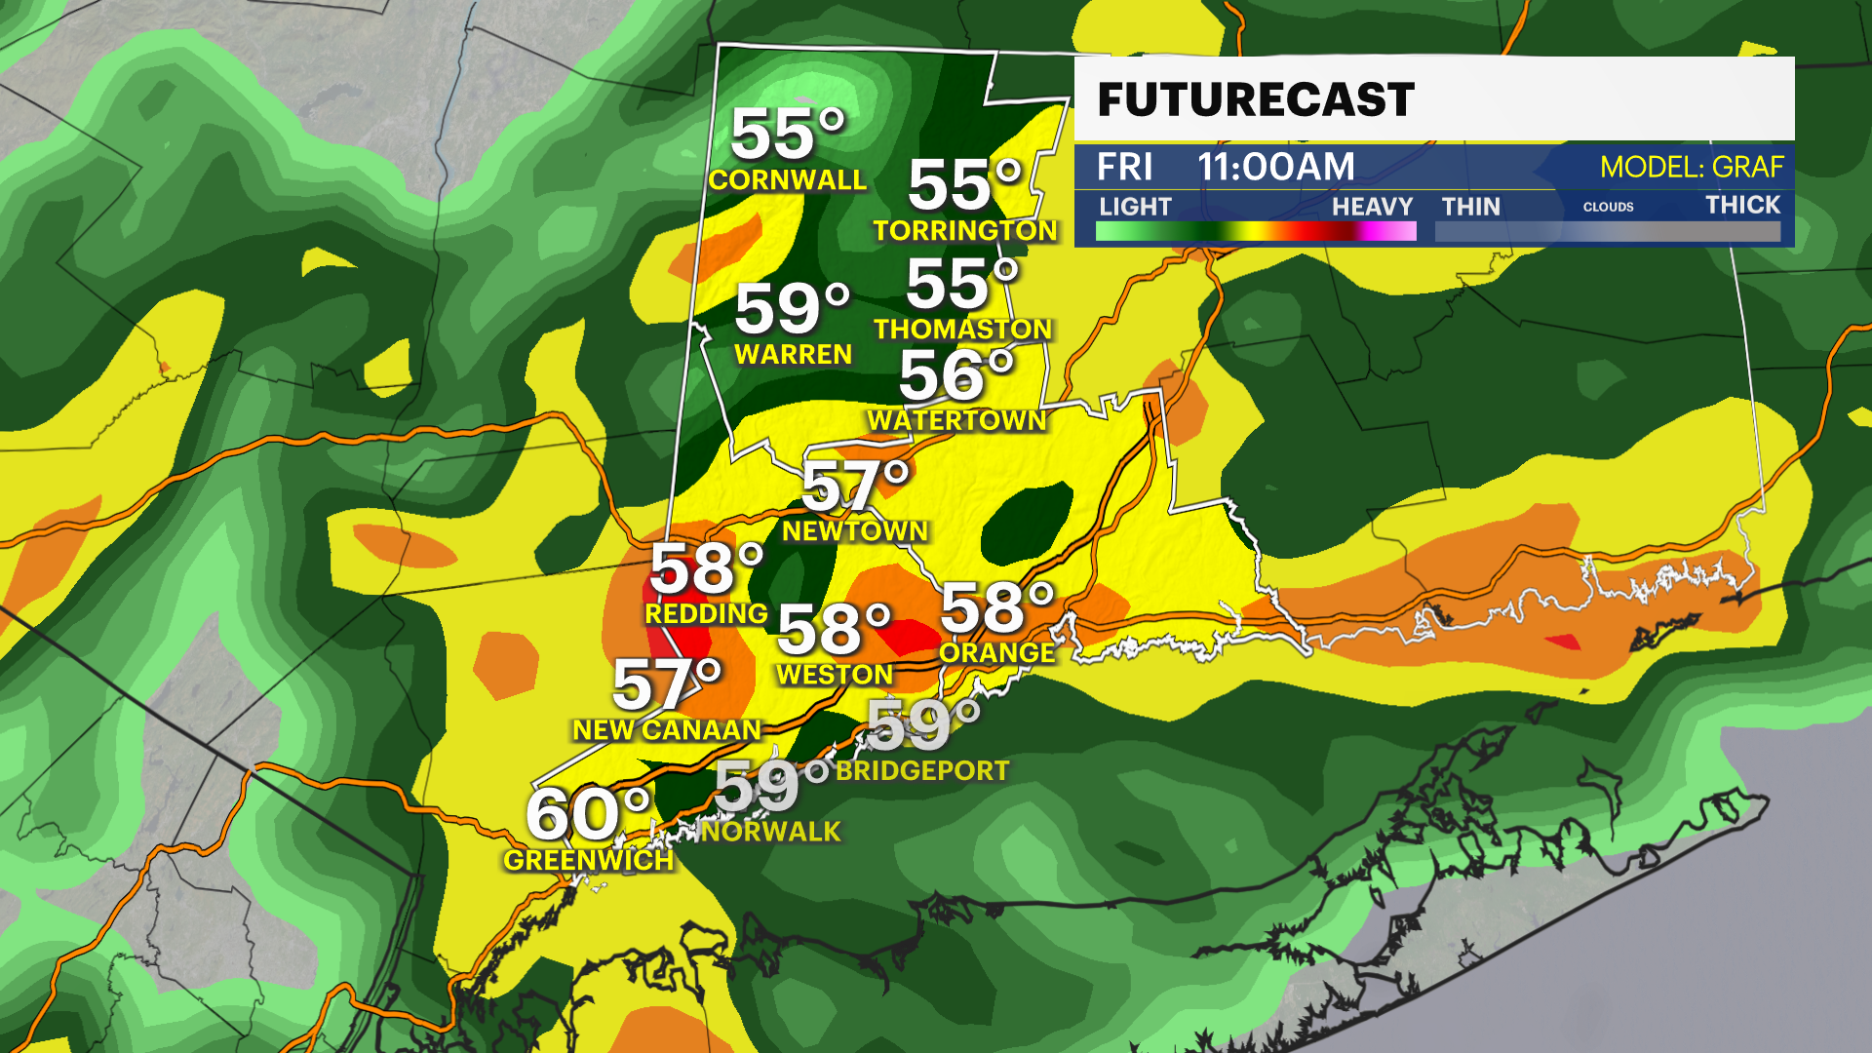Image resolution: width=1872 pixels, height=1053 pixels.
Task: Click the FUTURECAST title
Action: click(x=1256, y=100)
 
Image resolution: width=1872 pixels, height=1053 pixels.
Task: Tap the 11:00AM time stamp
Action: click(x=1276, y=168)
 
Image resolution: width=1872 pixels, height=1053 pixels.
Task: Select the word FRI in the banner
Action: click(x=1124, y=168)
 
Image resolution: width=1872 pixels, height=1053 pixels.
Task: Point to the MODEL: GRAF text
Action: click(x=1692, y=168)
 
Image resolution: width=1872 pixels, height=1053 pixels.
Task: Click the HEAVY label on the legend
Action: click(x=1372, y=207)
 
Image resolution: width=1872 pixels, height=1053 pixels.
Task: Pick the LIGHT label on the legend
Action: click(x=1135, y=207)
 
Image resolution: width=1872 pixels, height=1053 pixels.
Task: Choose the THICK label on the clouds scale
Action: click(x=1742, y=205)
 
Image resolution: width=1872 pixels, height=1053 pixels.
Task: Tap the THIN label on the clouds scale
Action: click(x=1470, y=207)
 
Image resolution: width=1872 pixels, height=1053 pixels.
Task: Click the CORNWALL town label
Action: click(x=787, y=180)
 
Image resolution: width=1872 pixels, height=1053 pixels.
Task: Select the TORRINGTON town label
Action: click(x=965, y=231)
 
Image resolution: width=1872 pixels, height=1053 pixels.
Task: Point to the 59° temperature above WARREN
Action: click(x=792, y=310)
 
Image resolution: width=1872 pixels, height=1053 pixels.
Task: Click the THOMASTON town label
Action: click(x=962, y=330)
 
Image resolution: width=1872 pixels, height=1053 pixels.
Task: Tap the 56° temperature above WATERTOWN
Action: click(x=956, y=375)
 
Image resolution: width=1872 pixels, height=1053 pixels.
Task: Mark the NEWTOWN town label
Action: click(x=855, y=531)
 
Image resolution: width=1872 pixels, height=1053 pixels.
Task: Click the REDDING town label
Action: click(x=706, y=614)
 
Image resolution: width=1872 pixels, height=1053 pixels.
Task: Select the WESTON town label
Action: click(x=835, y=675)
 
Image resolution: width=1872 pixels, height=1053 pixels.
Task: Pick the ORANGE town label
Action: click(x=997, y=653)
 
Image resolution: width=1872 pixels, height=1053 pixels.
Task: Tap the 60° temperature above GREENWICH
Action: click(x=588, y=815)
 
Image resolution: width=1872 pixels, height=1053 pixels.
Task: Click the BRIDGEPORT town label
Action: click(x=922, y=771)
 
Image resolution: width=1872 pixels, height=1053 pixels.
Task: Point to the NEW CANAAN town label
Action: click(x=667, y=730)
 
